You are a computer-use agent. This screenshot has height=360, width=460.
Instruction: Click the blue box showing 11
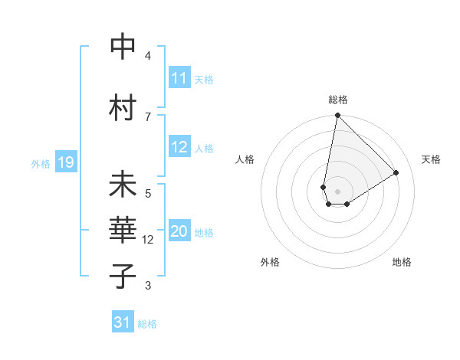tap(179, 78)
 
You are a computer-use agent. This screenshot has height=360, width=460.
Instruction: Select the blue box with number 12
tap(179, 147)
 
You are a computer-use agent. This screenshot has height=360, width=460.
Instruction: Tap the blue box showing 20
tap(179, 232)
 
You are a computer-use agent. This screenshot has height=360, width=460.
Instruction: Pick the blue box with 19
tap(66, 162)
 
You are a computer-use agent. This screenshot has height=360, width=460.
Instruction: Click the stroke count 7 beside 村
tap(148, 116)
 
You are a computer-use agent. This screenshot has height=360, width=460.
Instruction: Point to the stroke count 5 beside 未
tap(148, 192)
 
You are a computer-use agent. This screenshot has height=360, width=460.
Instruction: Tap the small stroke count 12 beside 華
tap(149, 240)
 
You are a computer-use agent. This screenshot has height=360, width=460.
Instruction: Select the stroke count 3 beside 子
tap(148, 286)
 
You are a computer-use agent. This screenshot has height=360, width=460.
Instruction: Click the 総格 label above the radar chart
tap(338, 100)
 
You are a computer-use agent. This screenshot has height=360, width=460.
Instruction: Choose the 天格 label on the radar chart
tap(431, 159)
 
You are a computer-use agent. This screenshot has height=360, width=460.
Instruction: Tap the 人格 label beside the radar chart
tap(245, 159)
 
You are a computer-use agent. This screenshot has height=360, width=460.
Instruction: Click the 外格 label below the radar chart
tap(270, 263)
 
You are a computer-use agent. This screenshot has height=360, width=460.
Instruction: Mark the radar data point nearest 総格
tap(337, 116)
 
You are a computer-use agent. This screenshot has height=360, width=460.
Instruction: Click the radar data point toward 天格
tap(396, 172)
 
